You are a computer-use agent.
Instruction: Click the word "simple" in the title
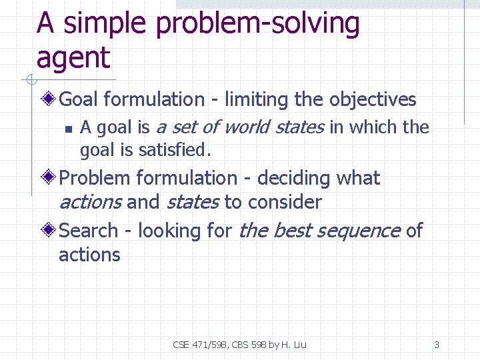tap(105, 25)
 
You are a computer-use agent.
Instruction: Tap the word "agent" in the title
tap(73, 59)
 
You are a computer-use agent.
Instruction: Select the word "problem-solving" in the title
tap(257, 25)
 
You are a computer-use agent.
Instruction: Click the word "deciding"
tap(294, 179)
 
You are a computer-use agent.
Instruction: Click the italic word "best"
tap(291, 231)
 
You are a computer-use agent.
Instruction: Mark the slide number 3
tap(437, 345)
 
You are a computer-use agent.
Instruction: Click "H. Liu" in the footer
tap(293, 345)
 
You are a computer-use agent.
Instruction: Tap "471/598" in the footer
tap(207, 345)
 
